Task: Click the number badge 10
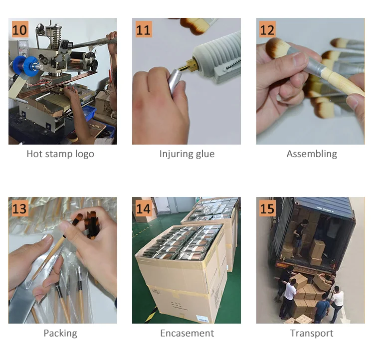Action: [x=20, y=29]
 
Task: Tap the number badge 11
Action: [x=144, y=29]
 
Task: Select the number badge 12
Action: [x=268, y=29]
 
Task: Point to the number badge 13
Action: [x=20, y=208]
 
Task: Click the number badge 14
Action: [x=144, y=208]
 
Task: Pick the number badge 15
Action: [x=268, y=208]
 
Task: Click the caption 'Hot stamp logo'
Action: [x=60, y=154]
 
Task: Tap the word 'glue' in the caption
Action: [x=205, y=154]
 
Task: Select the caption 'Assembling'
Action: [x=312, y=154]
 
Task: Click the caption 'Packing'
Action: [x=60, y=333]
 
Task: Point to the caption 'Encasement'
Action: [x=187, y=333]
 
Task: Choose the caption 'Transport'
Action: [x=312, y=333]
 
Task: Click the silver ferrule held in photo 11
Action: [x=175, y=81]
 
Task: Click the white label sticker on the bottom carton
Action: [x=202, y=319]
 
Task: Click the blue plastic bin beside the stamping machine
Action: [x=89, y=112]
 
